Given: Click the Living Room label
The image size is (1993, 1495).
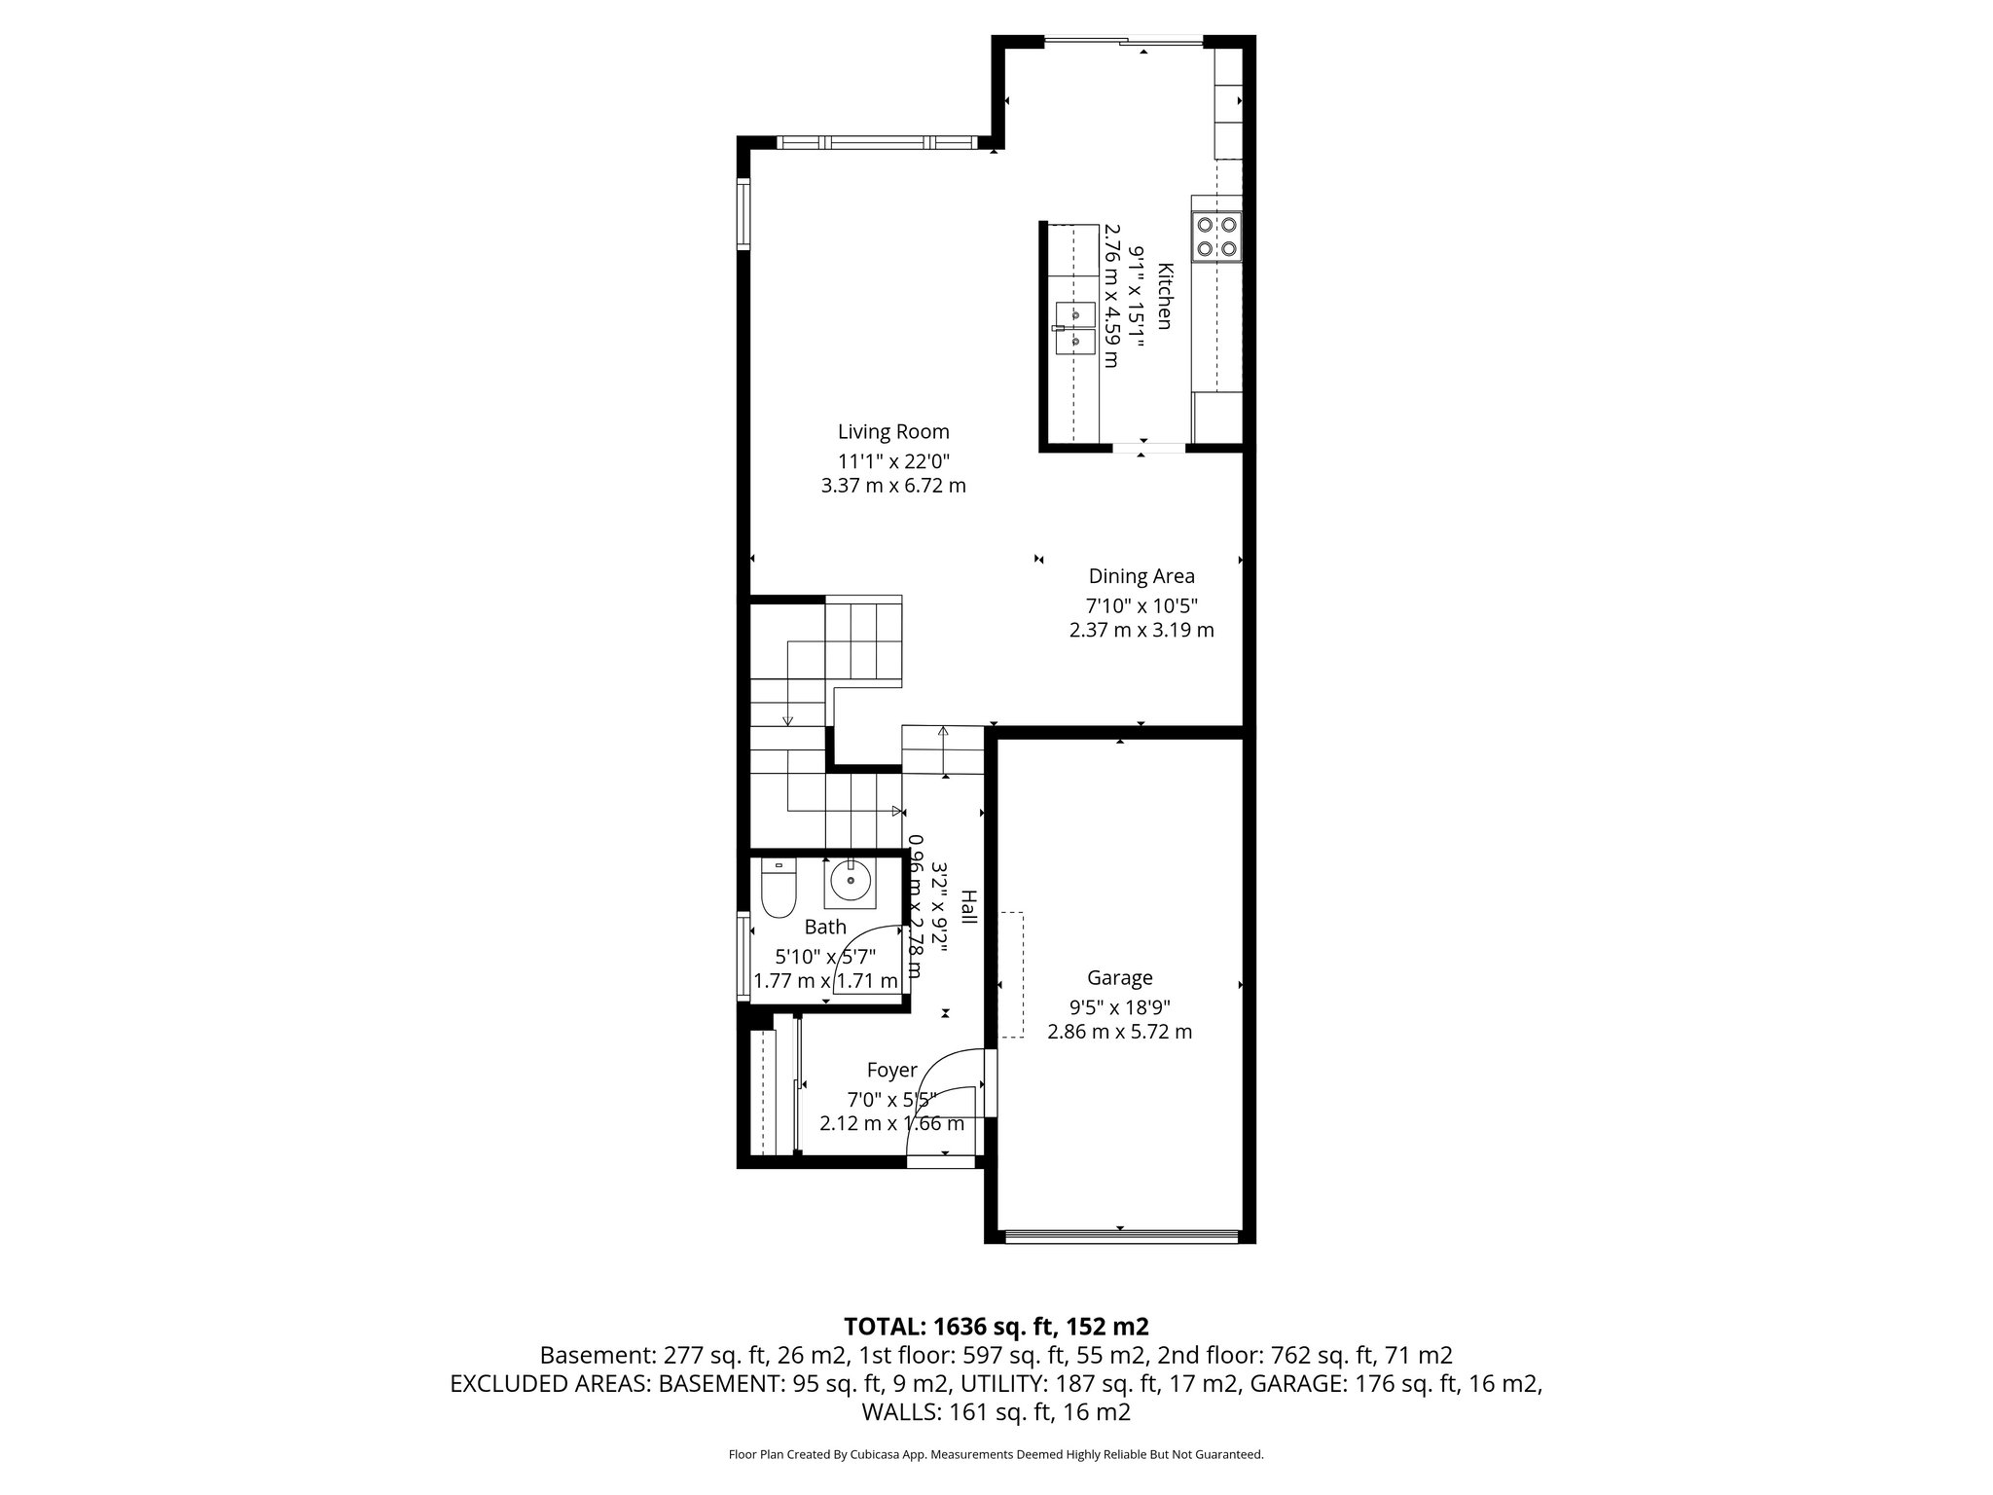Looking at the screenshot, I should tap(893, 431).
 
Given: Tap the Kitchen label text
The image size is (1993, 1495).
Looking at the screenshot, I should tap(1165, 296).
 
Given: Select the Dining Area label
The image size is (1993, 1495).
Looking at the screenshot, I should tap(1141, 576).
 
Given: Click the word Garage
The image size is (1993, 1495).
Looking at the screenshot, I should tap(1119, 977).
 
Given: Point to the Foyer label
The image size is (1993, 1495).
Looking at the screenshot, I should tap(891, 1071).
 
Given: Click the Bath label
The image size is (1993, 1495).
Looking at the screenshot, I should tap(825, 927).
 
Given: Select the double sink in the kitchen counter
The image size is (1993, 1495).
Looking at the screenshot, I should tap(1075, 328).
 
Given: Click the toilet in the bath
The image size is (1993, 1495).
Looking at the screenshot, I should tap(779, 889).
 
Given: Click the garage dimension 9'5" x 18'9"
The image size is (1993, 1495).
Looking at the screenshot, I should tap(1119, 1005).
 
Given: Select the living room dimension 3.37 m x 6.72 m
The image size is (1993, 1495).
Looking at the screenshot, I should tap(893, 486).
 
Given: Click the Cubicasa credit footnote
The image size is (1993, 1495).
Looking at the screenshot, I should tap(996, 1455).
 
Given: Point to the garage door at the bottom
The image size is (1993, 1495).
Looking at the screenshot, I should tap(1120, 1237).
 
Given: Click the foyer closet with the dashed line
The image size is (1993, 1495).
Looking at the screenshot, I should tap(766, 1092).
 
